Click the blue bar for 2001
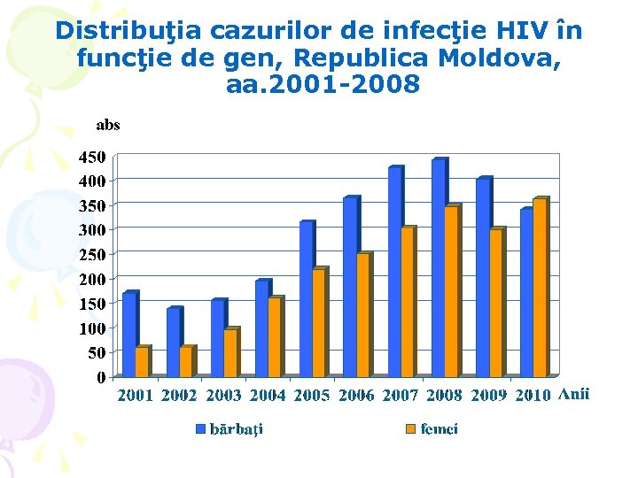(129, 335)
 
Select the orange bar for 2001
(142, 361)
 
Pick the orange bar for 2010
(539, 289)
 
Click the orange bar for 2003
(230, 353)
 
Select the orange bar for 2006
(362, 315)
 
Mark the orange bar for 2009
(495, 303)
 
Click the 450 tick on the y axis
(91, 158)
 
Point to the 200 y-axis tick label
(91, 279)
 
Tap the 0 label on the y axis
(101, 377)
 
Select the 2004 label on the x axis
(268, 396)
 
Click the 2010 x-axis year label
(533, 396)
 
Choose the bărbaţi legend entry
(236, 429)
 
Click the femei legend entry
(439, 429)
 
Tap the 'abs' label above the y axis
(107, 126)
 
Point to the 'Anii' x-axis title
(574, 395)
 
